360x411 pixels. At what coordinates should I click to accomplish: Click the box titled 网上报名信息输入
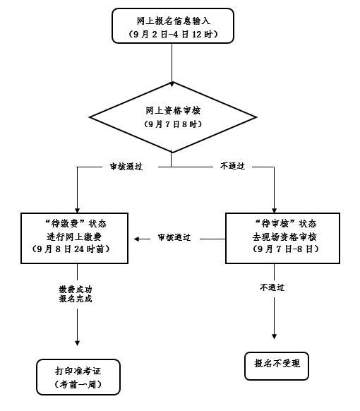[172, 25]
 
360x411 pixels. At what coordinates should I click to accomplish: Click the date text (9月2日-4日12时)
[172, 34]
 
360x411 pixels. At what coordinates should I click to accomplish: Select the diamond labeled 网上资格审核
[172, 117]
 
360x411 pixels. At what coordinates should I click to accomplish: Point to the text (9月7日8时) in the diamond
[172, 124]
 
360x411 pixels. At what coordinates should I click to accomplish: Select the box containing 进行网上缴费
[76, 237]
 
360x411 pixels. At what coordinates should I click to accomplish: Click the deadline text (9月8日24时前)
[76, 250]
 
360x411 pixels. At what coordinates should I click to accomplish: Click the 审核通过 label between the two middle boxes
[174, 238]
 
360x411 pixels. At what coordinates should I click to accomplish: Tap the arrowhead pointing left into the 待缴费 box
[138, 238]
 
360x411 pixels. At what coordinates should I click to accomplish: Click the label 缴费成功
[76, 289]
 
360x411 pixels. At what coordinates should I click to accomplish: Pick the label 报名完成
[76, 299]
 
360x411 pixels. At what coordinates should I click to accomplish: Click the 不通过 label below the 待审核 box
[272, 287]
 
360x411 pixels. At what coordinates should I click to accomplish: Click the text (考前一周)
[78, 385]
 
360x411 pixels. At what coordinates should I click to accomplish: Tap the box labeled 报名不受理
[277, 364]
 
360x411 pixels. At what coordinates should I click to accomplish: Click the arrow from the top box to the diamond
[172, 67]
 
